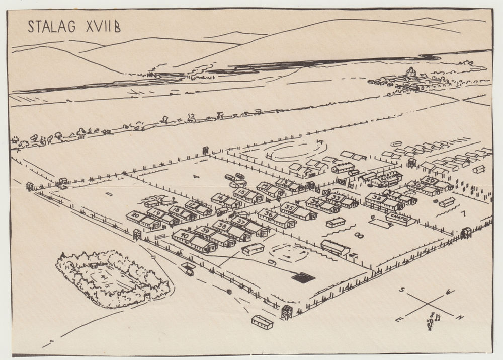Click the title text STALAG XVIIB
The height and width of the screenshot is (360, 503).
[x=74, y=26]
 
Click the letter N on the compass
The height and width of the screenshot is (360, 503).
[x=459, y=317]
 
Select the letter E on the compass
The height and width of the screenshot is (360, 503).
[x=398, y=319]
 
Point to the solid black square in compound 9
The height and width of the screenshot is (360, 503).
[x=303, y=277]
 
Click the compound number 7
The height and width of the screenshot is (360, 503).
[x=463, y=213]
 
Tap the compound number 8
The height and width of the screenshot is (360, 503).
[x=359, y=235]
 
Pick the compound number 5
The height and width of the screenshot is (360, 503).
[x=109, y=194]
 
